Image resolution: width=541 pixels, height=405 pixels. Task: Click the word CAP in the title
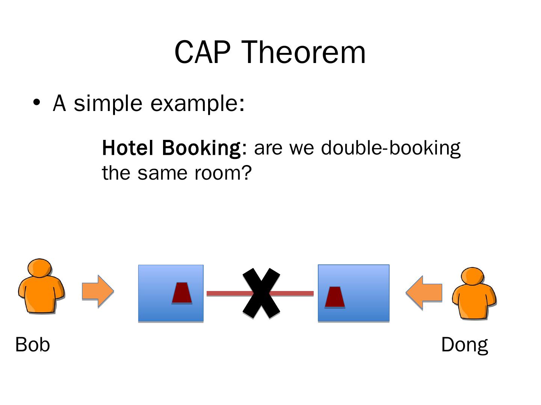[x=202, y=52]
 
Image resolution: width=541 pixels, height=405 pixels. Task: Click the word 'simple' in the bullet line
[x=108, y=103]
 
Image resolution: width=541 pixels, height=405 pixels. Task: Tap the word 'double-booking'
[x=391, y=148]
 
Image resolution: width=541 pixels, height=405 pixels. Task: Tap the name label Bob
[x=33, y=344]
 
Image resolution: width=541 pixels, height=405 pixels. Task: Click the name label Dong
[x=464, y=345]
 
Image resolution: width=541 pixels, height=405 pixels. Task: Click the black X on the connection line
[x=261, y=293]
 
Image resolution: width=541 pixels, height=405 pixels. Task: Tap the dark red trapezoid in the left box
[x=182, y=293]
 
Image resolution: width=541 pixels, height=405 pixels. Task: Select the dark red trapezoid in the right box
[x=335, y=297]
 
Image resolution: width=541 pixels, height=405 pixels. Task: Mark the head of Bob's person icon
[x=39, y=268]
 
